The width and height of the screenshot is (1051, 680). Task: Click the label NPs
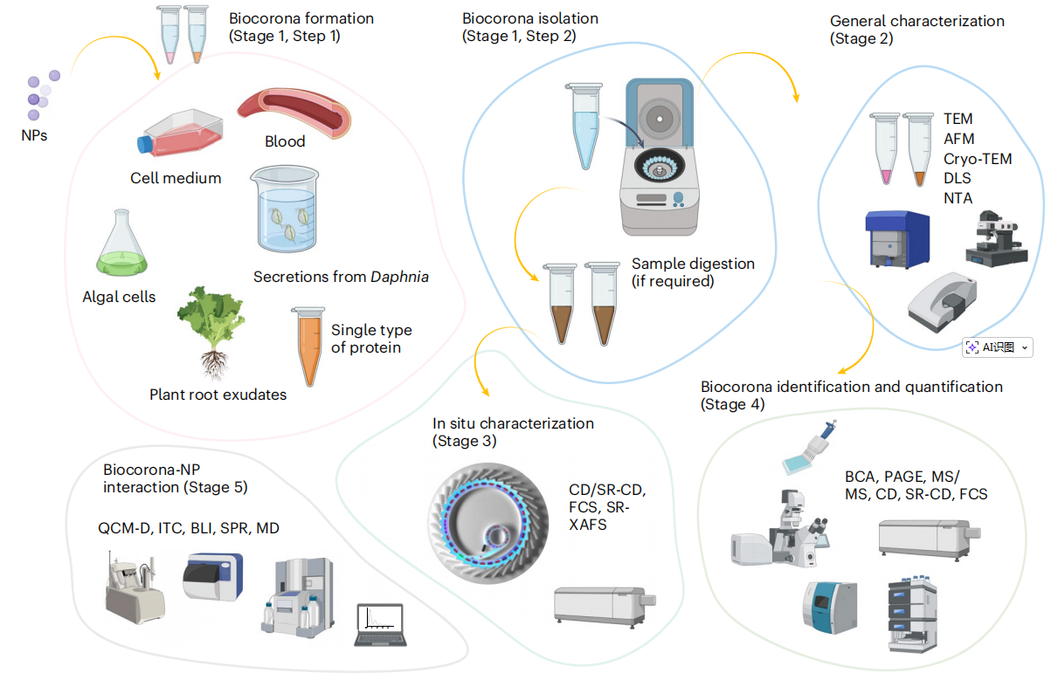click(34, 135)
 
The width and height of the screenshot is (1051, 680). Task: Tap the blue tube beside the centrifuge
click(581, 127)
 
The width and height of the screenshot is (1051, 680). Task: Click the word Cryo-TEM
click(977, 159)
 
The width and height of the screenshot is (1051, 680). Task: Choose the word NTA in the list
click(958, 198)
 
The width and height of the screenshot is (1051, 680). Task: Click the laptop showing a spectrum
click(380, 625)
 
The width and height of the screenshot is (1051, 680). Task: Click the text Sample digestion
click(693, 264)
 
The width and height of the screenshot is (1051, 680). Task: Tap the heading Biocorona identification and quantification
click(851, 387)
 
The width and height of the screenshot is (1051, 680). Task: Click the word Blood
click(285, 141)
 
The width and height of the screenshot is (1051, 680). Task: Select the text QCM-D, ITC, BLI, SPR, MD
click(189, 529)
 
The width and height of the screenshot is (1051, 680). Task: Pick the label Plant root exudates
click(218, 395)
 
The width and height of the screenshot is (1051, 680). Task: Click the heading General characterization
click(916, 21)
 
